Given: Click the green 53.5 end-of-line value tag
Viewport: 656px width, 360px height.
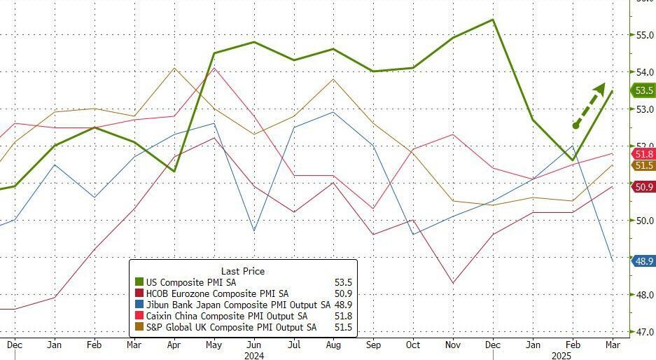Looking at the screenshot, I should coord(643,90).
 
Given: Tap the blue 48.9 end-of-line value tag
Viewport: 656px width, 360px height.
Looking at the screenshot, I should coord(643,261).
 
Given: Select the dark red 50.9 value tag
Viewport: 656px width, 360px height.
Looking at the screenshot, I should coord(643,187).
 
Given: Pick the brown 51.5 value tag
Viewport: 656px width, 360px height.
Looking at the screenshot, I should coord(643,165).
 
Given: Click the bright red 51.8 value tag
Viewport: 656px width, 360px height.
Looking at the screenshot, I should coord(643,154).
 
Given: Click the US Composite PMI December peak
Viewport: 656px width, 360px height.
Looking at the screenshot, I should coord(493,20).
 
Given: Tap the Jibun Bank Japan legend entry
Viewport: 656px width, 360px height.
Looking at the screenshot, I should coord(232,305).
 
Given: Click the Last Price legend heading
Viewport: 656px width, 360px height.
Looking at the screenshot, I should coord(243,271).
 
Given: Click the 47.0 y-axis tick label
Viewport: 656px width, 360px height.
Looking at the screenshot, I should coord(643,331).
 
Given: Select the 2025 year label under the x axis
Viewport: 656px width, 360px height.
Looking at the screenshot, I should coord(561,355).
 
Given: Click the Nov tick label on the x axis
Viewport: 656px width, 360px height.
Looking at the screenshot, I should coord(453,345).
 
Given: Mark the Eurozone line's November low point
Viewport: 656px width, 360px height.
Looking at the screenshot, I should coord(453,283).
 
